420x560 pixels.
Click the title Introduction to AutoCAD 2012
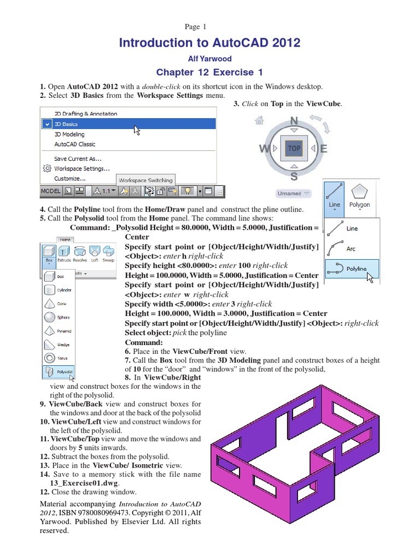click(x=209, y=43)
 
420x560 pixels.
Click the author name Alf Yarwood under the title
click(x=209, y=59)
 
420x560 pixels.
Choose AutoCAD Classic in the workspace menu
click(x=75, y=144)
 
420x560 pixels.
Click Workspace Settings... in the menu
click(x=81, y=168)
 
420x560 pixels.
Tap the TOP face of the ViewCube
click(x=294, y=148)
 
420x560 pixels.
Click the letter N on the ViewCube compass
click(x=294, y=121)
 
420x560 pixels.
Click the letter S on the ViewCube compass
click(x=294, y=176)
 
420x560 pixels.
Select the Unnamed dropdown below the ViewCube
click(x=294, y=193)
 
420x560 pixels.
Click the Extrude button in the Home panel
click(x=65, y=254)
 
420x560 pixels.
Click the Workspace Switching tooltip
click(x=145, y=180)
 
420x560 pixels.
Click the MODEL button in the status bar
click(x=50, y=191)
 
